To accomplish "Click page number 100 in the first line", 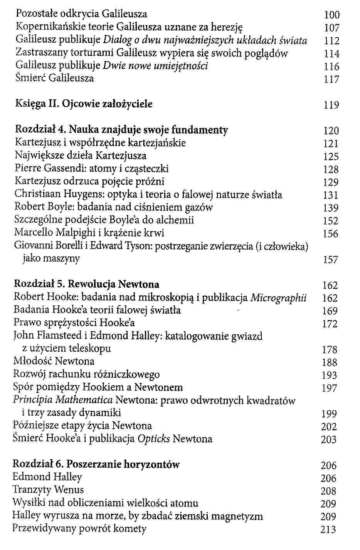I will coord(331,15).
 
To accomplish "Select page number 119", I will coord(331,105).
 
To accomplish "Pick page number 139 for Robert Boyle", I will coord(331,208).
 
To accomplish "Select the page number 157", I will coord(330,260).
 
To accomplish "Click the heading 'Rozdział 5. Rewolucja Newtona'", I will coord(86,285).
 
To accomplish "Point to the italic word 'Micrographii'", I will coord(278,298).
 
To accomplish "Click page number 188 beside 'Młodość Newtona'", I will coord(330,362).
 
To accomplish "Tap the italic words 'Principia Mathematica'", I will coord(63,401).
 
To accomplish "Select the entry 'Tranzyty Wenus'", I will coord(48,490).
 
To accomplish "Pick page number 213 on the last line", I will coord(328,530).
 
